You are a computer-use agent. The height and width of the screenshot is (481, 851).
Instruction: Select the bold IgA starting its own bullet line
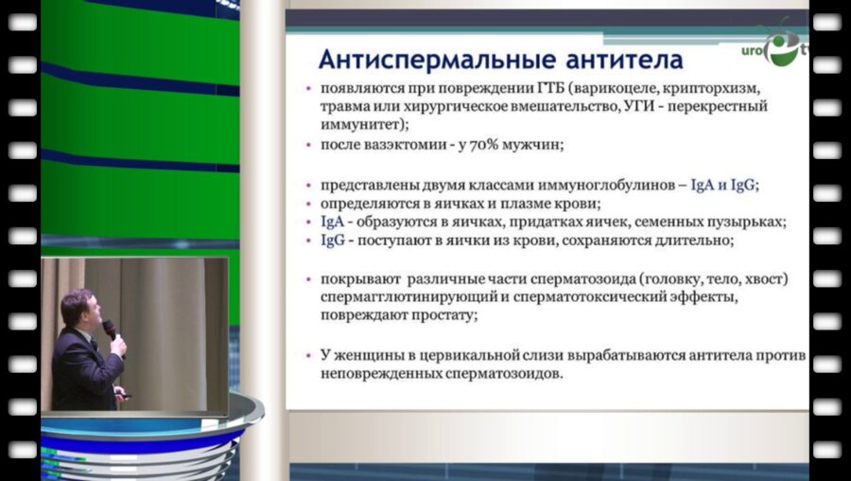point(333,222)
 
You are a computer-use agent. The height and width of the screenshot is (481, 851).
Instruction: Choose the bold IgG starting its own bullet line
point(333,240)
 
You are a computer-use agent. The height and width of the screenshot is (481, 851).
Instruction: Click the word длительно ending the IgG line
point(698,240)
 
